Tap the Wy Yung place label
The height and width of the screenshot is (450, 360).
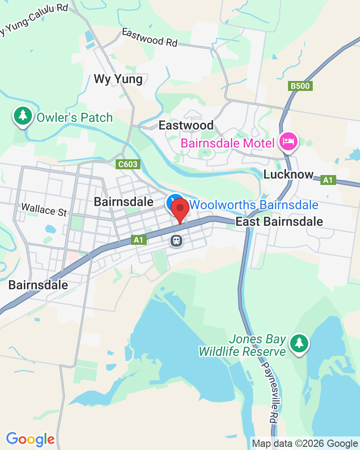click(118, 80)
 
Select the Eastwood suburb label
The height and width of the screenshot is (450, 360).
click(186, 125)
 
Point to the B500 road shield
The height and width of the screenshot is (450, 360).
click(301, 86)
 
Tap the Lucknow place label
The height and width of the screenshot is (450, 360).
click(288, 175)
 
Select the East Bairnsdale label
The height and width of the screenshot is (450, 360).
click(279, 221)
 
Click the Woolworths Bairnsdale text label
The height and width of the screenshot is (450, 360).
click(254, 205)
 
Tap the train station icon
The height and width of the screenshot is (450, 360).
click(176, 240)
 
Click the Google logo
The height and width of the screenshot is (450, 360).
click(30, 439)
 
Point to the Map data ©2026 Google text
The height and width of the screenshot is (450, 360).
click(304, 443)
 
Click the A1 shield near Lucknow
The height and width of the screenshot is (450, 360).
click(329, 180)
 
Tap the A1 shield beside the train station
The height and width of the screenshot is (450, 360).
click(139, 240)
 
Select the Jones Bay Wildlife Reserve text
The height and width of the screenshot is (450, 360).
click(243, 345)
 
